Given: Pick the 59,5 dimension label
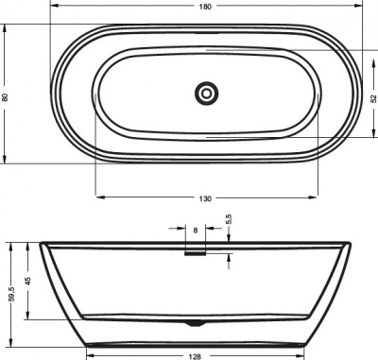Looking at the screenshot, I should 9,293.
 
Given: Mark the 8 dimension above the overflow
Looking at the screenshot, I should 195,230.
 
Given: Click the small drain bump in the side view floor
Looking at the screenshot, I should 195,323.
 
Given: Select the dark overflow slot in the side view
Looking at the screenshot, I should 195,251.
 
